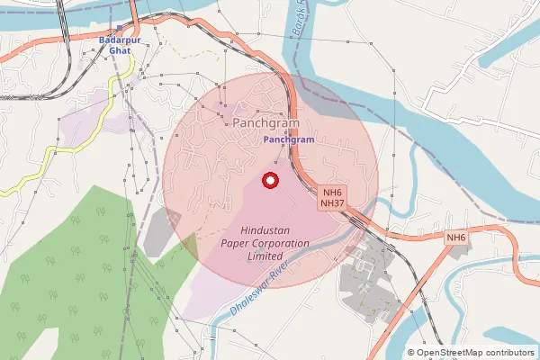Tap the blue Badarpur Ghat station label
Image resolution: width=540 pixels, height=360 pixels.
click(x=120, y=45)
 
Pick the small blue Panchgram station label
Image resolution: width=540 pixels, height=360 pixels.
click(x=288, y=140)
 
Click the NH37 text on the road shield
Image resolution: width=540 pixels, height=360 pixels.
click(x=332, y=204)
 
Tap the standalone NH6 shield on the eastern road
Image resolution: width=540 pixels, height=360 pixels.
click(x=456, y=238)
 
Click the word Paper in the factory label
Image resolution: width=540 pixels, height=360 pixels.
click(x=237, y=244)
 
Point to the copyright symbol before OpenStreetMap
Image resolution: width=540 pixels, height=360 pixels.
click(x=411, y=353)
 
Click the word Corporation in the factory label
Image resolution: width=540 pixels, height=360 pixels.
click(x=280, y=244)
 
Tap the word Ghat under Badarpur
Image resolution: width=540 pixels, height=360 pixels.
click(x=120, y=51)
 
